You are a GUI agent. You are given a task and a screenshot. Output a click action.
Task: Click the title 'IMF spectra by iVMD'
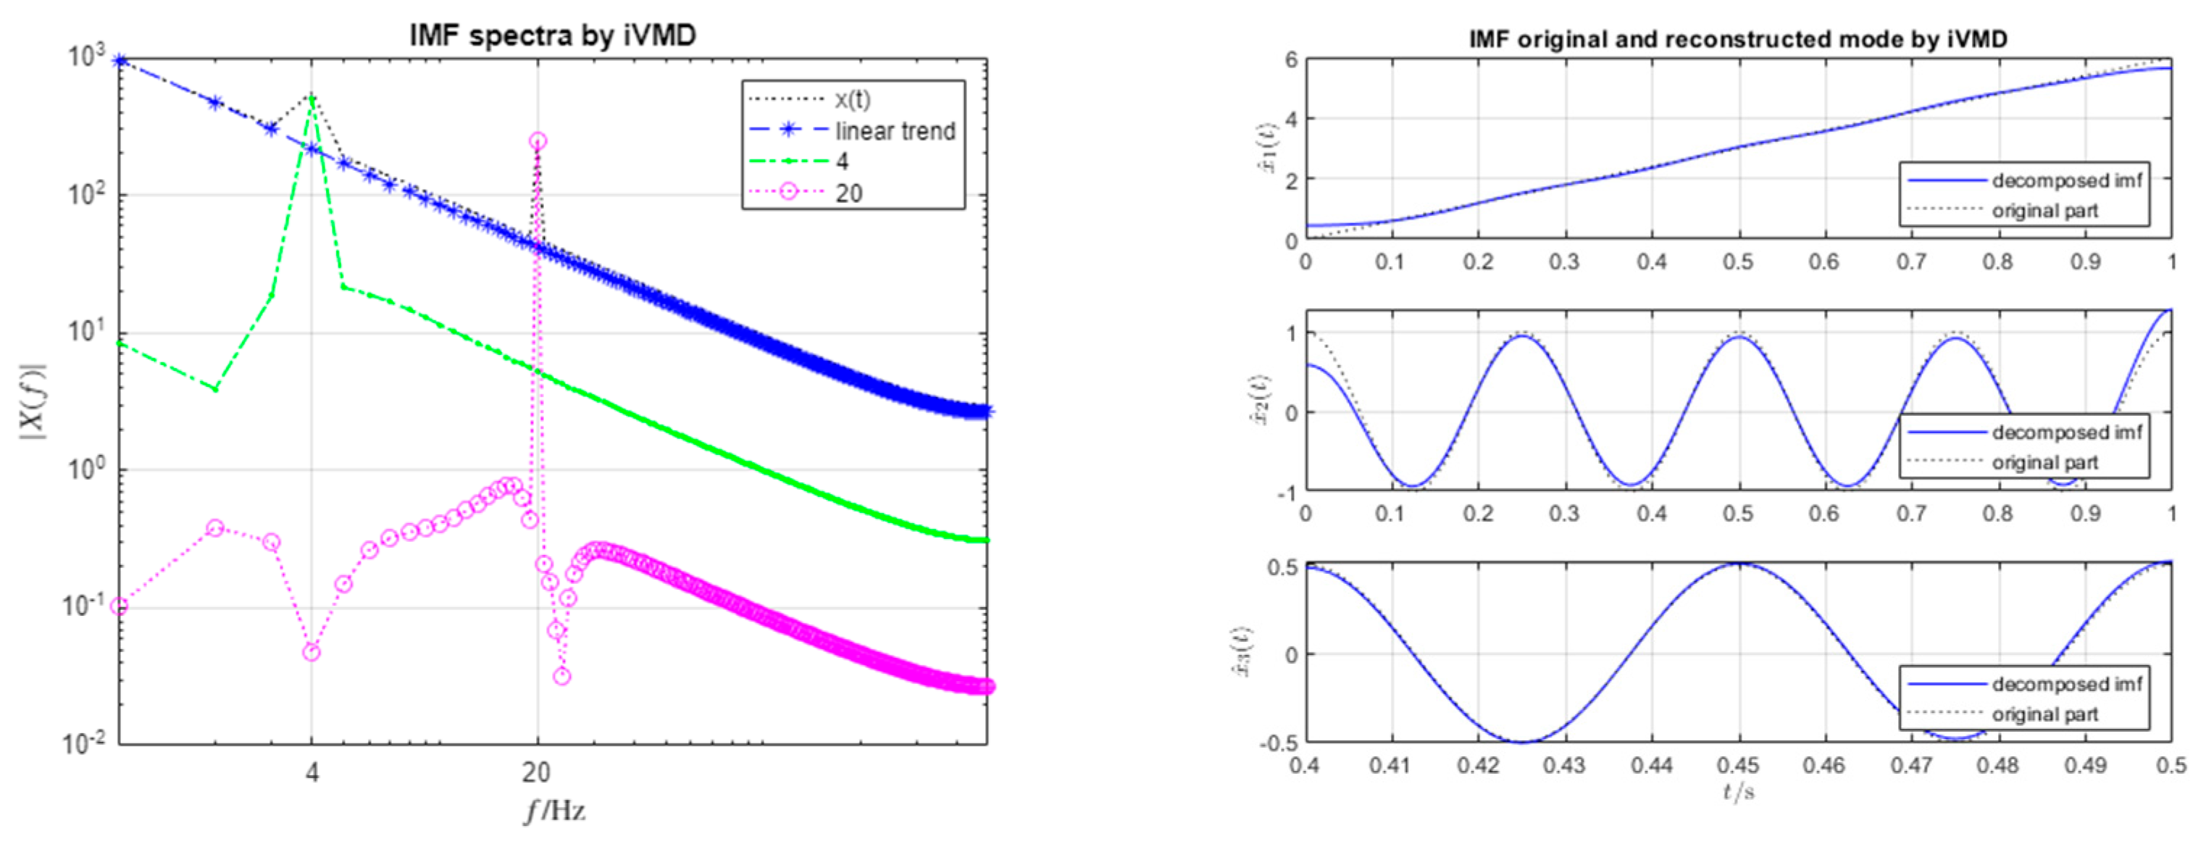(553, 35)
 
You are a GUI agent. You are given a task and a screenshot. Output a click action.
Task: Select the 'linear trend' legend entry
(894, 131)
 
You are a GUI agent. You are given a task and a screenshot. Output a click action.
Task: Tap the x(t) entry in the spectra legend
(853, 100)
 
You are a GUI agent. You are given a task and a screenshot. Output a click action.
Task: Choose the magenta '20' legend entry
(848, 193)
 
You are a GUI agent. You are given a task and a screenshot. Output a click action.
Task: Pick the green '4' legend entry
(842, 161)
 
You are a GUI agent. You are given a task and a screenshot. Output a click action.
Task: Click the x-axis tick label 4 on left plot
(312, 773)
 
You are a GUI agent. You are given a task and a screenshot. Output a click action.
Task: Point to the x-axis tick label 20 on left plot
(536, 773)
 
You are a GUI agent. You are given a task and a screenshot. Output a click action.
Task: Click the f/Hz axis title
(555, 810)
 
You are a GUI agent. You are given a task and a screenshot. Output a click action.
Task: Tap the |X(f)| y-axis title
(33, 401)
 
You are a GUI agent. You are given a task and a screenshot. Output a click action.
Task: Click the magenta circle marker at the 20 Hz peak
(538, 141)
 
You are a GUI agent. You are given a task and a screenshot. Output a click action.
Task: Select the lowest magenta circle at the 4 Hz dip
(312, 653)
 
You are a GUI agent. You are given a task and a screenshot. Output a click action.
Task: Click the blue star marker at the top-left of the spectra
(120, 62)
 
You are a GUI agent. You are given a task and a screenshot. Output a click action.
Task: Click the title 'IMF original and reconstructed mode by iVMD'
(1738, 39)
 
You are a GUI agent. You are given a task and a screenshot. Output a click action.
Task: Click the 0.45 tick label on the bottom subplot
(1738, 765)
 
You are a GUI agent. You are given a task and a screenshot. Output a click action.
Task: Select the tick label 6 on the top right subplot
(1291, 59)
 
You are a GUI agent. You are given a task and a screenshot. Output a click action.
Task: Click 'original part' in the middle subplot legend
(2044, 462)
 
